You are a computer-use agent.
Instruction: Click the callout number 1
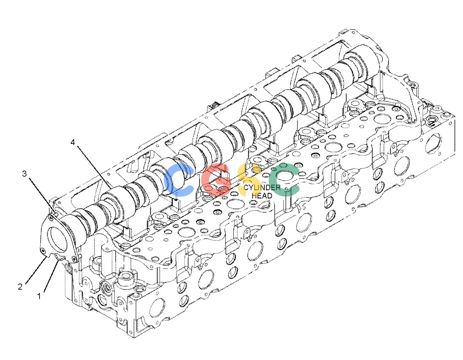point(39,296)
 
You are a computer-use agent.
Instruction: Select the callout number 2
point(20,287)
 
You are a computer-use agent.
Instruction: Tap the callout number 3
point(24,174)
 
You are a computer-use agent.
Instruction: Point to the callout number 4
point(73,142)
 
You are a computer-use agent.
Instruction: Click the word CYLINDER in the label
point(262,188)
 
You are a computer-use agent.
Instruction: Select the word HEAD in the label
point(262,195)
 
